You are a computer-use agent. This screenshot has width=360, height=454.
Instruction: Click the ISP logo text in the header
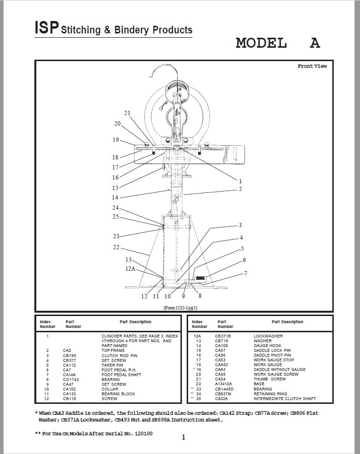[46, 27]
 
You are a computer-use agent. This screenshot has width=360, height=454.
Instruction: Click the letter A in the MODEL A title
[315, 43]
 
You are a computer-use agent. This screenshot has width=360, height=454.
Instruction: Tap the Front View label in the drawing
[312, 66]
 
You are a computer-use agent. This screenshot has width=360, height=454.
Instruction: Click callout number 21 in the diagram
[127, 113]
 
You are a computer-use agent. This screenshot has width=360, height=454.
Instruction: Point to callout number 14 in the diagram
[115, 198]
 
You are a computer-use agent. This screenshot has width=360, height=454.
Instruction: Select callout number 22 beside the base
[116, 247]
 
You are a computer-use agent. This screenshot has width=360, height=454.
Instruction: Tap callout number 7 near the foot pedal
[245, 274]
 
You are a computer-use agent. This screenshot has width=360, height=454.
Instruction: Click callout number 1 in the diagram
[240, 181]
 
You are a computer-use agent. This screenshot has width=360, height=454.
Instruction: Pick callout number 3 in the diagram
[240, 225]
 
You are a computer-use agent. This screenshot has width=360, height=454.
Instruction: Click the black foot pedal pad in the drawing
[200, 278]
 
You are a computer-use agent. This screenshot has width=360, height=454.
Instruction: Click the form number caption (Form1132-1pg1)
[181, 308]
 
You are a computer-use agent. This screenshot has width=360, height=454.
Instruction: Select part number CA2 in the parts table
[67, 350]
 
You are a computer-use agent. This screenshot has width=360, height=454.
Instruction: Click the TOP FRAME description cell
[113, 350]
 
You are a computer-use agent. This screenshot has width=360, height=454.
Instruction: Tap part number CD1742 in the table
[70, 380]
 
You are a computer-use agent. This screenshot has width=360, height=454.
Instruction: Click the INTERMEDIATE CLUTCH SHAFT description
[285, 399]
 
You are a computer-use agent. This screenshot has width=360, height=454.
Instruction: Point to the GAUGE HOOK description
[267, 346]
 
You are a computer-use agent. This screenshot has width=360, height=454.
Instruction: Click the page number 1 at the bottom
[183, 437]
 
